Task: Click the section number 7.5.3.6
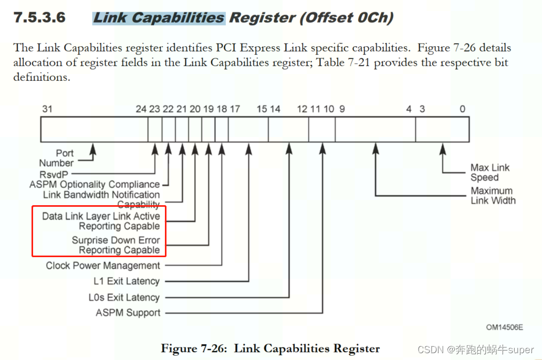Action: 40,17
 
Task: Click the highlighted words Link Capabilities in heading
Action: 159,17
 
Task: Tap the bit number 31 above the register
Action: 47,109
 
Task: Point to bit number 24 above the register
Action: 141,109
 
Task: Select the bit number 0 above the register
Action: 462,109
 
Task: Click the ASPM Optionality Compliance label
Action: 95,184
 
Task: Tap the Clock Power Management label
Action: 103,266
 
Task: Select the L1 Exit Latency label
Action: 127,281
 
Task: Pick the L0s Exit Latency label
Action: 124,298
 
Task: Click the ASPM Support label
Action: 128,313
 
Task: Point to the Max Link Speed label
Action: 489,173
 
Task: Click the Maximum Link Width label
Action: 493,196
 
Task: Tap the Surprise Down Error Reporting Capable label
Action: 116,245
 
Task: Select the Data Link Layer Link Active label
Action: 101,216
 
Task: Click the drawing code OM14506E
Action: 504,327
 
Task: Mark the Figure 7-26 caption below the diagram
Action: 270,348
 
